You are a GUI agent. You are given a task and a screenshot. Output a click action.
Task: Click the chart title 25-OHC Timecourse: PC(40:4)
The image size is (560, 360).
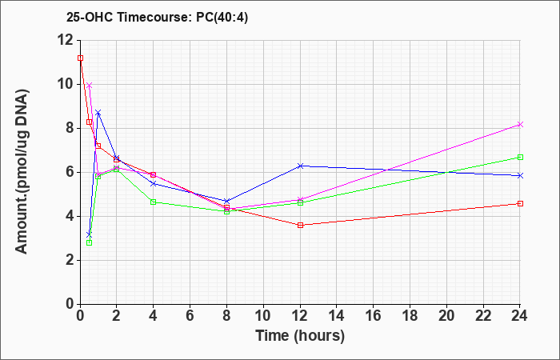pyautogui.click(x=157, y=17)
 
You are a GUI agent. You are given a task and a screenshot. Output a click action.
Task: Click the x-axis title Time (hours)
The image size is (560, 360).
pyautogui.click(x=300, y=336)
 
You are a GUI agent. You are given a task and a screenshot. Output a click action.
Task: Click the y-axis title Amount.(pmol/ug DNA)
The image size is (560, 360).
pyautogui.click(x=22, y=171)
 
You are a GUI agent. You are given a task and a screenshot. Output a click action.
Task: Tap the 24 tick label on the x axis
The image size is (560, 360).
pyautogui.click(x=520, y=315)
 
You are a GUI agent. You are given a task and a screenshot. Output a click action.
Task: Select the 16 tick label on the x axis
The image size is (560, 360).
pyautogui.click(x=374, y=315)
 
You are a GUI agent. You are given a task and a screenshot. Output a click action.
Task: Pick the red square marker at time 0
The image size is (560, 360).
pyautogui.click(x=80, y=58)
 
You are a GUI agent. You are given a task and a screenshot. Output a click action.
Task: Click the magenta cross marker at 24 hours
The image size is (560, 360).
pyautogui.click(x=520, y=125)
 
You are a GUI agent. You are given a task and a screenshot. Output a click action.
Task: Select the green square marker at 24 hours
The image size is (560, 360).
pyautogui.click(x=520, y=157)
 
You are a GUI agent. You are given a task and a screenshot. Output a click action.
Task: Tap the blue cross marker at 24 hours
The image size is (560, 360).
pyautogui.click(x=520, y=176)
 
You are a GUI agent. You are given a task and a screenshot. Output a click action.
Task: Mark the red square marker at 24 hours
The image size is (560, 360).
pyautogui.click(x=520, y=203)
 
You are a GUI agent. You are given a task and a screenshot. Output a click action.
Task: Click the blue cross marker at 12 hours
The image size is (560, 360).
pyautogui.click(x=300, y=166)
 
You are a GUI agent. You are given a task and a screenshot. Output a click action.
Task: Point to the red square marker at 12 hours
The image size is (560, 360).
pyautogui.click(x=300, y=225)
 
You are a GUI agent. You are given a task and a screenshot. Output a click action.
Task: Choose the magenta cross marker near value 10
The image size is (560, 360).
pyautogui.click(x=90, y=86)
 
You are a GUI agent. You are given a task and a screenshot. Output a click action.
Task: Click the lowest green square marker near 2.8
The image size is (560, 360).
pyautogui.click(x=90, y=243)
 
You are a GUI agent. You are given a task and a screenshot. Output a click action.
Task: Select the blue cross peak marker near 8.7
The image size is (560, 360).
pyautogui.click(x=98, y=113)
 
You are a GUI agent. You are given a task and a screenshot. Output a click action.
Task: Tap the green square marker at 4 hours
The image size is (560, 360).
pyautogui.click(x=154, y=202)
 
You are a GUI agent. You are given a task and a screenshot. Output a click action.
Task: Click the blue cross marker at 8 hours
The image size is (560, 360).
pyautogui.click(x=226, y=201)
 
